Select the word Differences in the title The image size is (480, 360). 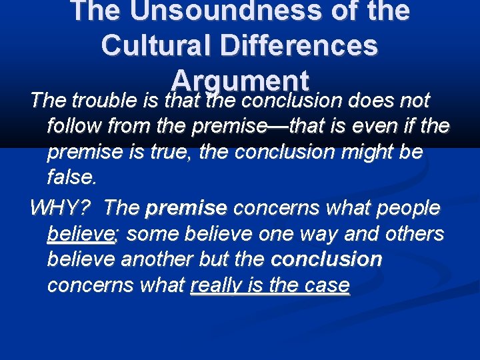(x=301, y=45)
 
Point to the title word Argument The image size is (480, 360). (x=240, y=81)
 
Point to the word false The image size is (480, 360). (x=71, y=177)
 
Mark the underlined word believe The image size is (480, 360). (x=81, y=234)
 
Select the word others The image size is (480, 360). (x=411, y=234)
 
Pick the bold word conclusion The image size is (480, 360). (x=327, y=259)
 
